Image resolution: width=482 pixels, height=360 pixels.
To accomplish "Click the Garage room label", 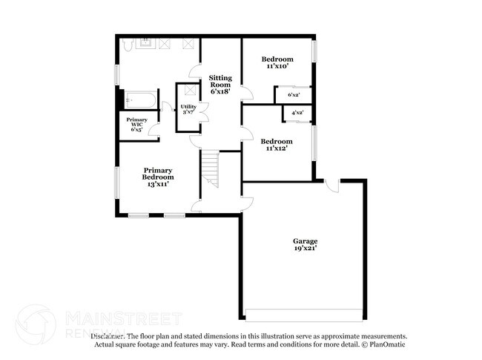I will pos(305,245).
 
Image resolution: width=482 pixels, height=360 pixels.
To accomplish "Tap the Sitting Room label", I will pos(219,85).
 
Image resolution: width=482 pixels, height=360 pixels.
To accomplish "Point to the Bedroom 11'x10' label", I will pos(277,62).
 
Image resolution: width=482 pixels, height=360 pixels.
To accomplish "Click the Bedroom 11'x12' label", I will pos(277,145).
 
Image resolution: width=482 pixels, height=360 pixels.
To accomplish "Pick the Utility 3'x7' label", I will pos(188,110).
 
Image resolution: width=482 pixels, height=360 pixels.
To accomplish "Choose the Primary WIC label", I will pos(136,125).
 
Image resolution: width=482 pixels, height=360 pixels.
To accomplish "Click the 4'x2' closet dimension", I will pos(297,113).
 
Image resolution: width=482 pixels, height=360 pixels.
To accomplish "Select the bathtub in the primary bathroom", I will pos(139,99).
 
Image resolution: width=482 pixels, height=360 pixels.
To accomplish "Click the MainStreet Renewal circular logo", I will pos(36,324).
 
